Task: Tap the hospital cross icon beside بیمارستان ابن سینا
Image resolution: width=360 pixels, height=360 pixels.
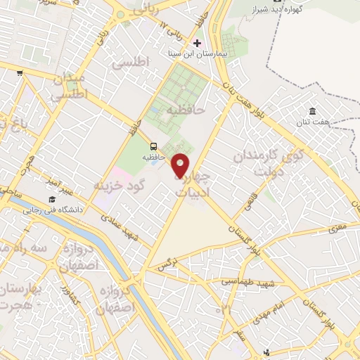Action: coord(196,43)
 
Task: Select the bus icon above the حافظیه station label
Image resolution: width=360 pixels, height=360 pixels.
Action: coord(153,146)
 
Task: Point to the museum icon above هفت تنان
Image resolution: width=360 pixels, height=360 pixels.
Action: coord(311,110)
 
